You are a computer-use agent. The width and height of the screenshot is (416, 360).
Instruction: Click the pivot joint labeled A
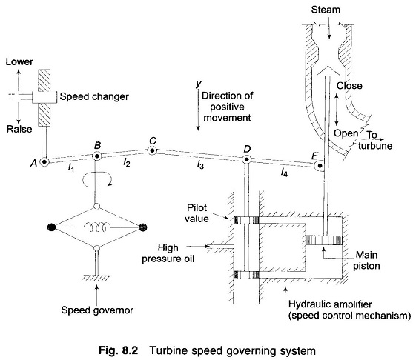44,161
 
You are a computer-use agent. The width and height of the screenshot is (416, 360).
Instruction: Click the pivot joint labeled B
97,156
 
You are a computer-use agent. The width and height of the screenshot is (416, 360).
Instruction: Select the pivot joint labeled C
152,150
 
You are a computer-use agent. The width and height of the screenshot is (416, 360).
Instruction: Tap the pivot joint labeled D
246,159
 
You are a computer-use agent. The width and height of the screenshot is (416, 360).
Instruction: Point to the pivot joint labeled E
320,166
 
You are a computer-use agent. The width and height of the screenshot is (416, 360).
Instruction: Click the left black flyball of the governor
51,227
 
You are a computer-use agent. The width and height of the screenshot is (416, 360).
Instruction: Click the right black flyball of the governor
143,227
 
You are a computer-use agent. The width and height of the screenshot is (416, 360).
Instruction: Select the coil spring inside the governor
97,227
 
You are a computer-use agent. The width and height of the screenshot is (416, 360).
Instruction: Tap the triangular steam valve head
328,71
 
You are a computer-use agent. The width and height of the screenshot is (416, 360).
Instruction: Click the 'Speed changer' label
94,96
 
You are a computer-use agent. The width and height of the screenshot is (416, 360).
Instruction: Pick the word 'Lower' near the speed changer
19,62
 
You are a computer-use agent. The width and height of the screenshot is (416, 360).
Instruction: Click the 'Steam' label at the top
326,10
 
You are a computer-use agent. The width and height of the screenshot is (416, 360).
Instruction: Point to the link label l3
200,165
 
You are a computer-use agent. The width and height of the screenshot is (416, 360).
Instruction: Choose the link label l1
70,167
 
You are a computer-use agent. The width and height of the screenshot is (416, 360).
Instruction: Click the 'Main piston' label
366,260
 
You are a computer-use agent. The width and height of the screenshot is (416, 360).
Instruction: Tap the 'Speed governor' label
97,310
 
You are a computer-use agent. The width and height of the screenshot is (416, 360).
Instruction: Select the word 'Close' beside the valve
349,86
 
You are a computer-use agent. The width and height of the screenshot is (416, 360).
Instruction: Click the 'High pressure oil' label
168,253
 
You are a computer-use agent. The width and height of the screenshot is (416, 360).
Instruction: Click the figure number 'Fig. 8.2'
119,350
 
